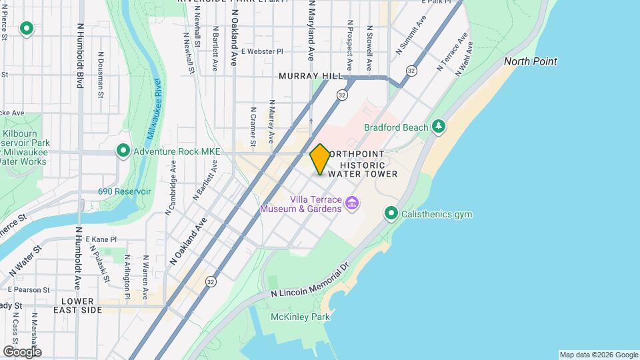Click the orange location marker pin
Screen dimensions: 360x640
click(x=320, y=159)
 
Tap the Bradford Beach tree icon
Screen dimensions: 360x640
click(x=439, y=127)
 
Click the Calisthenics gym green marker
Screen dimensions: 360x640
click(x=391, y=214)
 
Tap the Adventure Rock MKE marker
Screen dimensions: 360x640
click(x=123, y=151)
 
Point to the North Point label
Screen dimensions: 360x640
click(x=530, y=61)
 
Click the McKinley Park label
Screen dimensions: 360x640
click(x=300, y=317)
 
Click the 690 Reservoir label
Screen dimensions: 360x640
click(x=125, y=191)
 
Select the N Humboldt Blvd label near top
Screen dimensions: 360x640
click(x=80, y=57)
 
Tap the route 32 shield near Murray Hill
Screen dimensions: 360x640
click(x=342, y=95)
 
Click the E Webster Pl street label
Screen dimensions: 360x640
click(x=262, y=51)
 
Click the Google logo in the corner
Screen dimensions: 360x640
click(x=22, y=351)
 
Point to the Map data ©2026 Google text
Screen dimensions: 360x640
click(x=598, y=355)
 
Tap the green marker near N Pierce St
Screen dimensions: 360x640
click(x=27, y=29)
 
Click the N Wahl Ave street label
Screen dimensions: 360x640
click(x=465, y=59)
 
